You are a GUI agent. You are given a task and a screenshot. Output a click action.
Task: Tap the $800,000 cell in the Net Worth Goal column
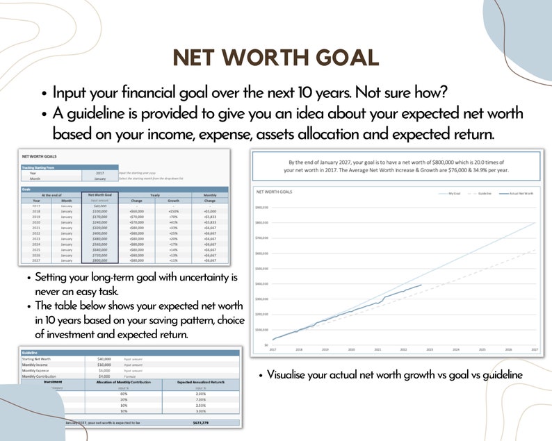pos(100,260)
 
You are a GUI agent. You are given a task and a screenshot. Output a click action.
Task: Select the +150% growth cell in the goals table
pos(174,210)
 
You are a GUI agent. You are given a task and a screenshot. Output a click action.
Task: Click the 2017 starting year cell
pos(100,173)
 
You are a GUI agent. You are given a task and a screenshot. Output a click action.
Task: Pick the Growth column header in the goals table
pos(174,201)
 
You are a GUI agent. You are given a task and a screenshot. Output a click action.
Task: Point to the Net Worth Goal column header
pos(100,195)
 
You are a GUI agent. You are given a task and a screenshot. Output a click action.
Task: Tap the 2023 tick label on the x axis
pos(429,349)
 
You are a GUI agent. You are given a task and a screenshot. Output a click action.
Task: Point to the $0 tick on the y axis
pos(265,344)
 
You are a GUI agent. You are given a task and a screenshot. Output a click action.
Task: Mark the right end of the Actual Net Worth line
pos(421,285)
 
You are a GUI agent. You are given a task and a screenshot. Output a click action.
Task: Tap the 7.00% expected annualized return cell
pos(200,399)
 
